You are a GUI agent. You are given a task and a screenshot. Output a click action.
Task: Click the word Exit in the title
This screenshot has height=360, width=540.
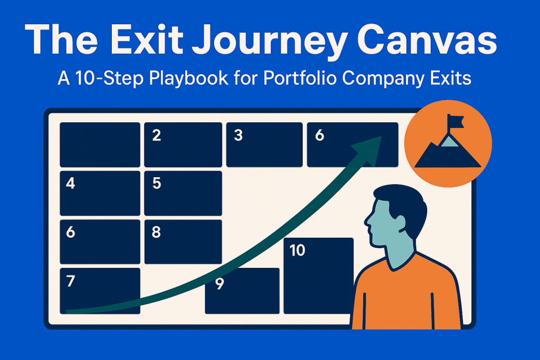coord(147,39)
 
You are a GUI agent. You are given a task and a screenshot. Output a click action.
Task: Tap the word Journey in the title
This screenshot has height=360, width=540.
coord(269,43)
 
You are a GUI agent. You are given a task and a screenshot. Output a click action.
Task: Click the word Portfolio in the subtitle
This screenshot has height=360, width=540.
coord(300,78)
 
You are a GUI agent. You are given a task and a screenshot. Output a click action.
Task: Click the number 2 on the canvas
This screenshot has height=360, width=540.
coord(157,135)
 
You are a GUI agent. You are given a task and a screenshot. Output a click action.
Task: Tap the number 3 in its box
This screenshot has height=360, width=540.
coord(238,135)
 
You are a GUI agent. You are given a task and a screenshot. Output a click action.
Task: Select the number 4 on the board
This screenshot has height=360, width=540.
coord(71,183)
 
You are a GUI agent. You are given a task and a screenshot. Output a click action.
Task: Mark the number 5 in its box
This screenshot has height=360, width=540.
coord(157,183)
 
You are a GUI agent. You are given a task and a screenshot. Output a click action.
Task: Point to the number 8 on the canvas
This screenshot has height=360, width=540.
coord(156,232)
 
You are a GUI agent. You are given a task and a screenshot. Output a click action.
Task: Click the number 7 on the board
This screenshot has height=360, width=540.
coord(71,281)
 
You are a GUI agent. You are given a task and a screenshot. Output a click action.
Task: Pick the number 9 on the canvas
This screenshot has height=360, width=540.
coord(219,284)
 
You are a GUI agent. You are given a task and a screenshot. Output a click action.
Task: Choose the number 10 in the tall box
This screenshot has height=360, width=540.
coord(297,250)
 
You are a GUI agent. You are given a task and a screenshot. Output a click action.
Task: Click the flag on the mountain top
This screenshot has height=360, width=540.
coord(455,121)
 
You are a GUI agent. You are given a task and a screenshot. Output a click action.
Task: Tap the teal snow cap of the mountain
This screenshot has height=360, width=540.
coord(449,141)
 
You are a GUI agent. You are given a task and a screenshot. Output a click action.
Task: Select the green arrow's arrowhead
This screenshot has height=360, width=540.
coord(368,150)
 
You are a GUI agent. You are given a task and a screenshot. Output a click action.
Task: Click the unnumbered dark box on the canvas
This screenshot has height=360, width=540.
coord(100,144)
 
